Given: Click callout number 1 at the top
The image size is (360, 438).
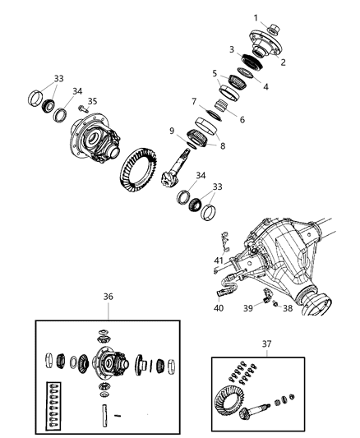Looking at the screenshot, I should pyautogui.click(x=256, y=17).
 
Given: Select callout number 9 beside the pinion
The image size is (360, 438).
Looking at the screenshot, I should pyautogui.click(x=172, y=130).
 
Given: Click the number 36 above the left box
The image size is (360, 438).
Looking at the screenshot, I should pyautogui.click(x=108, y=297).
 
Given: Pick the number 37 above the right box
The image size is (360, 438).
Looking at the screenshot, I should pyautogui.click(x=266, y=343).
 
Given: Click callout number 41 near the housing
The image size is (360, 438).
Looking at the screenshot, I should pyautogui.click(x=218, y=260).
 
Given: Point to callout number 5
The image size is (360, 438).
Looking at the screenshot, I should pyautogui.click(x=214, y=72).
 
